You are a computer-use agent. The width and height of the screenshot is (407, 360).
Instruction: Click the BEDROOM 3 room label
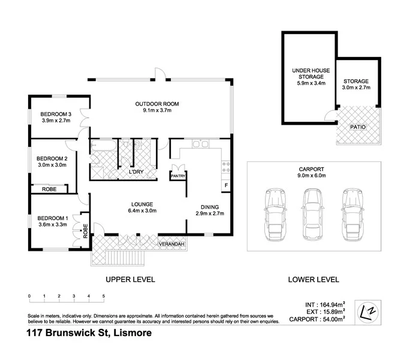56,114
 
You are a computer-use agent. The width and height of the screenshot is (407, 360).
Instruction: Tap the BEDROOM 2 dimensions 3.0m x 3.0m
52,165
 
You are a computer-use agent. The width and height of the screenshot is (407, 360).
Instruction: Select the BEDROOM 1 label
52,218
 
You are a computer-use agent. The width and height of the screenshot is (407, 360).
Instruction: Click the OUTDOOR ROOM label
157,104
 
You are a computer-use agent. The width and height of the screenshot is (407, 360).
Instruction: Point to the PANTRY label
178,176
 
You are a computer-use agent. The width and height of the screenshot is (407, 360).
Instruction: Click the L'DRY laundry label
138,173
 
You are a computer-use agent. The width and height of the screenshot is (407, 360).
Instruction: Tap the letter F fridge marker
226,185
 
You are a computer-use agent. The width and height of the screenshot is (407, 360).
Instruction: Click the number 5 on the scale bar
104,296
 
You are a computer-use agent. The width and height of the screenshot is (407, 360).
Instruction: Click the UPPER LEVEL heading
130,279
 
